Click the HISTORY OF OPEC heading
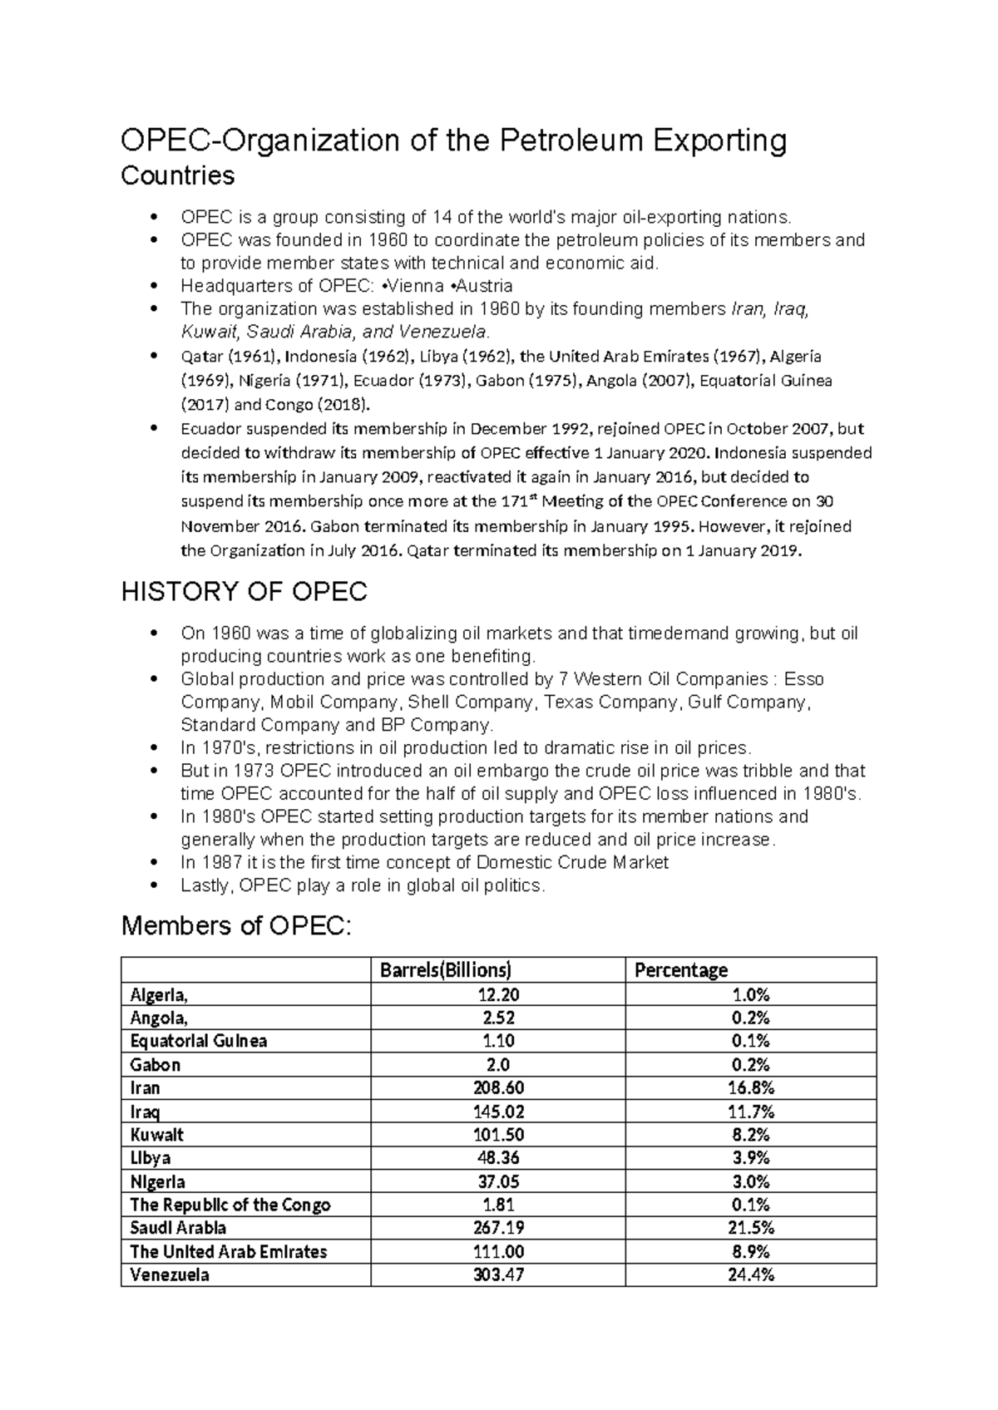click(x=244, y=592)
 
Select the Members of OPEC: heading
click(x=237, y=925)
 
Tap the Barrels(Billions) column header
click(x=445, y=970)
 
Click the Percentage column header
click(x=681, y=970)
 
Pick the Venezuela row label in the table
click(x=170, y=1274)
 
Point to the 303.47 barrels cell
click(x=498, y=1274)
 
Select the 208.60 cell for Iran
click(x=498, y=1087)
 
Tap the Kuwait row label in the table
click(x=157, y=1135)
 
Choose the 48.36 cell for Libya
click(x=498, y=1158)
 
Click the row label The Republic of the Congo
click(x=230, y=1205)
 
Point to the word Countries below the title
click(x=178, y=176)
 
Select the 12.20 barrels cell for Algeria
click(x=498, y=994)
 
